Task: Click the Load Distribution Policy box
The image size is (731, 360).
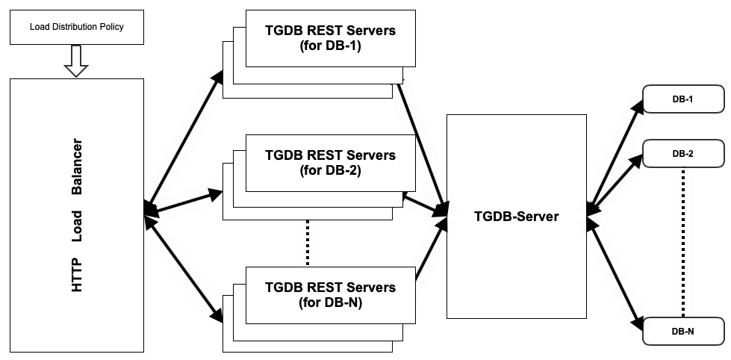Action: click(77, 27)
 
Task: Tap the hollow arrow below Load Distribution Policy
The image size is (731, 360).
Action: click(75, 61)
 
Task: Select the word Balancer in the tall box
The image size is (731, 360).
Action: click(77, 167)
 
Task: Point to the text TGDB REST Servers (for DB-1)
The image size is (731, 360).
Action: click(330, 38)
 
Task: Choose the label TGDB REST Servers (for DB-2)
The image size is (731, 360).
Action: click(330, 163)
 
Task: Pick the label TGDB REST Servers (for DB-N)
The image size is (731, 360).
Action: click(330, 295)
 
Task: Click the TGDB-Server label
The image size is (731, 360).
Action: click(516, 217)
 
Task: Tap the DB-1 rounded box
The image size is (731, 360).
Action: click(683, 99)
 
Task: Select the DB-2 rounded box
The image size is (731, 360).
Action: click(683, 153)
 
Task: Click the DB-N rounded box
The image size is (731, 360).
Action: click(683, 331)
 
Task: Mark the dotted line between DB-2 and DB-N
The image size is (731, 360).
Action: click(683, 243)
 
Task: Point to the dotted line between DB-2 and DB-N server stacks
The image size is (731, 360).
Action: click(308, 243)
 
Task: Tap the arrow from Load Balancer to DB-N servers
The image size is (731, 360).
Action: click(184, 269)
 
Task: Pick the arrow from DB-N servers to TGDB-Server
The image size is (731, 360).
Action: click(432, 249)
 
